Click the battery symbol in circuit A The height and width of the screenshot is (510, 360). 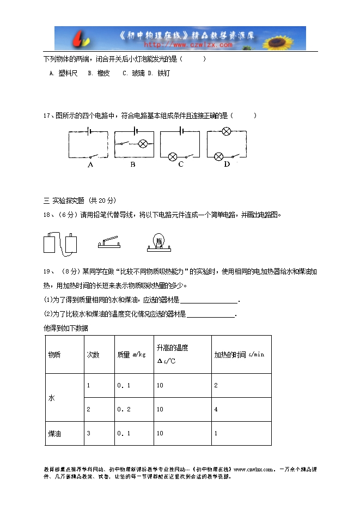pyautogui.click(x=88, y=131)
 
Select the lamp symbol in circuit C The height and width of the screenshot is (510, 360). pyautogui.click(x=173, y=156)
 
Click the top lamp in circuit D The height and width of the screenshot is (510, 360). pyautogui.click(x=226, y=131)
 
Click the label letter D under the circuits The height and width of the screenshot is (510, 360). pyautogui.click(x=227, y=164)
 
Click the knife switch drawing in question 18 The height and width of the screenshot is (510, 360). pyautogui.click(x=111, y=242)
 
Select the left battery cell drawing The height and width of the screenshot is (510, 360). pyautogui.click(x=51, y=243)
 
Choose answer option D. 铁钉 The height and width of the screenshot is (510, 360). pyautogui.click(x=159, y=73)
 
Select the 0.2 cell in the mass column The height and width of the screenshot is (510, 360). pyautogui.click(x=124, y=409)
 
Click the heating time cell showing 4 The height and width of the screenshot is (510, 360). pyautogui.click(x=216, y=409)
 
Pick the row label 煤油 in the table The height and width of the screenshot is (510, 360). pyautogui.click(x=54, y=434)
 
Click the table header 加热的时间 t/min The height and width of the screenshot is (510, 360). pyautogui.click(x=239, y=354)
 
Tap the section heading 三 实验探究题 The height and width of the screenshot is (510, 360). pyautogui.click(x=64, y=200)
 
